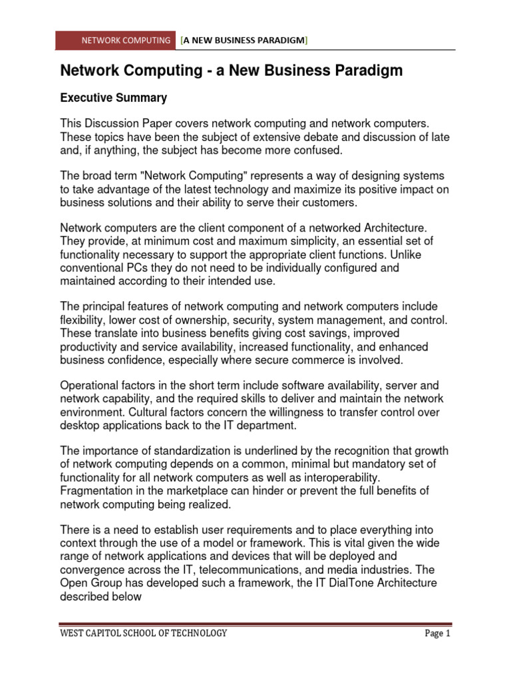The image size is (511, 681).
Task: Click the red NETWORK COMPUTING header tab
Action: pyautogui.click(x=116, y=41)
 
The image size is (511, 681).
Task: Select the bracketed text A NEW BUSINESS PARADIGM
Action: pyautogui.click(x=244, y=41)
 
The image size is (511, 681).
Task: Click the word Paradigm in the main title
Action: pyautogui.click(x=368, y=70)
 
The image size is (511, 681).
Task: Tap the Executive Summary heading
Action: pyautogui.click(x=113, y=98)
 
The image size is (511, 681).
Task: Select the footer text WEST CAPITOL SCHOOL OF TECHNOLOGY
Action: pyautogui.click(x=143, y=633)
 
